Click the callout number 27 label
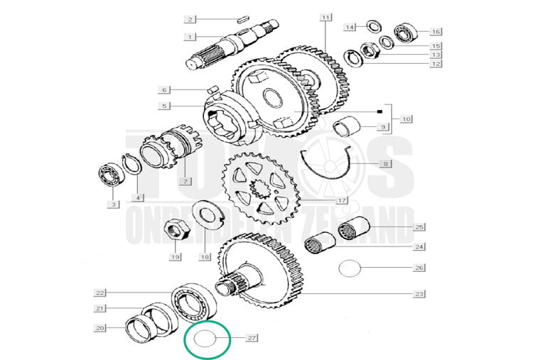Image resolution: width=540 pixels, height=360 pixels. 252,339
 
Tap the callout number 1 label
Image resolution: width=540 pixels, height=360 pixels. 190,37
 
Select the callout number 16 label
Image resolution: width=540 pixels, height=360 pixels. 436,31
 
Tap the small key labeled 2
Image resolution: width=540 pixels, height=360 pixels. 242,19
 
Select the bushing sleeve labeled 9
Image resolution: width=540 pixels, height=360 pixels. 348,128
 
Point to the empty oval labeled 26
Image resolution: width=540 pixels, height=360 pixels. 350,268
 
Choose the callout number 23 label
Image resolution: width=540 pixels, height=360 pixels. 419,293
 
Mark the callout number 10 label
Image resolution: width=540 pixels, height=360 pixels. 406,118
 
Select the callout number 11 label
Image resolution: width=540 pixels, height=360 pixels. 325,16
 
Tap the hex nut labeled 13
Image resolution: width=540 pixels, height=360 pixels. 369,50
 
